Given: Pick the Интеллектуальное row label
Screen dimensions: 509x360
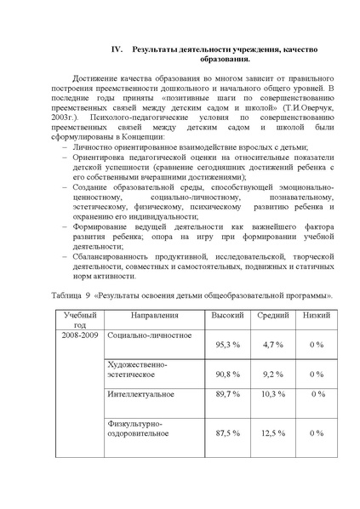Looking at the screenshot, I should [x=141, y=394].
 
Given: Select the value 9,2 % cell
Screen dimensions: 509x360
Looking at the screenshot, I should [x=273, y=374].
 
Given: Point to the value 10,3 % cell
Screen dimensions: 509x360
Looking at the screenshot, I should [x=273, y=394].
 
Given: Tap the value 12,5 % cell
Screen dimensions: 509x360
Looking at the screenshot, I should [x=273, y=432].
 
